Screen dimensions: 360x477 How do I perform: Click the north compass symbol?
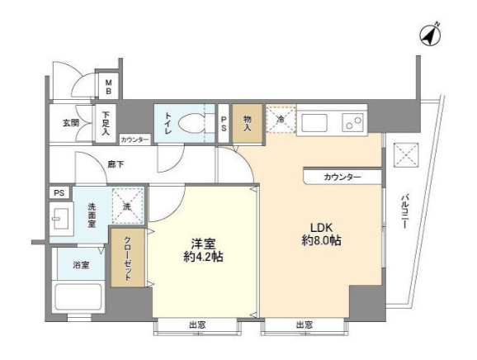(x=427, y=34)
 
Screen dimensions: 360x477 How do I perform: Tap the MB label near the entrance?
(x=109, y=87)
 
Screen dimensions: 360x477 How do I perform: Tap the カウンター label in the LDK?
(x=342, y=177)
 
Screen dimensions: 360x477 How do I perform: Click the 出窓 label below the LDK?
(x=304, y=325)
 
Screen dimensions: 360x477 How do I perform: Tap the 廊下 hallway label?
(x=116, y=165)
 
